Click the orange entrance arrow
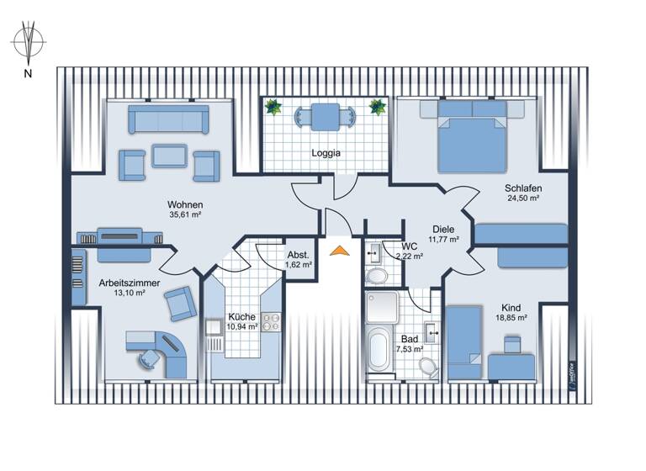tap(339, 249)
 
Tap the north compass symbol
tap(29, 43)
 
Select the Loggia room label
tap(326, 153)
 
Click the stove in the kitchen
tap(271, 320)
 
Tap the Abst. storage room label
tap(299, 254)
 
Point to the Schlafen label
tap(522, 188)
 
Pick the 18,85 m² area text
tap(511, 318)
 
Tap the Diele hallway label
tap(443, 228)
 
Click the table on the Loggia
tap(326, 115)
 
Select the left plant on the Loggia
tap(273, 107)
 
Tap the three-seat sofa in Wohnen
tap(168, 119)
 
